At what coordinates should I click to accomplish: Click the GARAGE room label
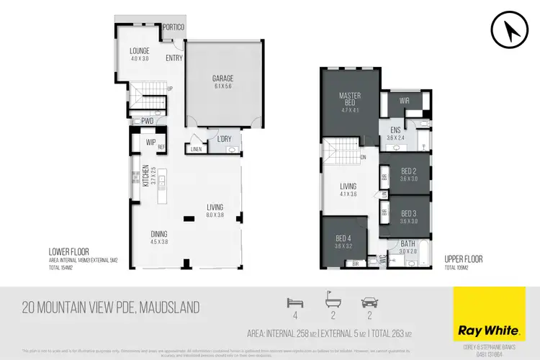pyautogui.click(x=222, y=78)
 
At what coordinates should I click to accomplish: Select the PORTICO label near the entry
pyautogui.click(x=173, y=27)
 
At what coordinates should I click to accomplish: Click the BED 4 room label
pyautogui.click(x=344, y=239)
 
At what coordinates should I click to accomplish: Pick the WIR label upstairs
pyautogui.click(x=405, y=102)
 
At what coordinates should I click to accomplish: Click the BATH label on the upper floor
pyautogui.click(x=408, y=244)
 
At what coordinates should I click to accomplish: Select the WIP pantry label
pyautogui.click(x=150, y=143)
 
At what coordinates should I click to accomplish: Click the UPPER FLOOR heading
pyautogui.click(x=463, y=258)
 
